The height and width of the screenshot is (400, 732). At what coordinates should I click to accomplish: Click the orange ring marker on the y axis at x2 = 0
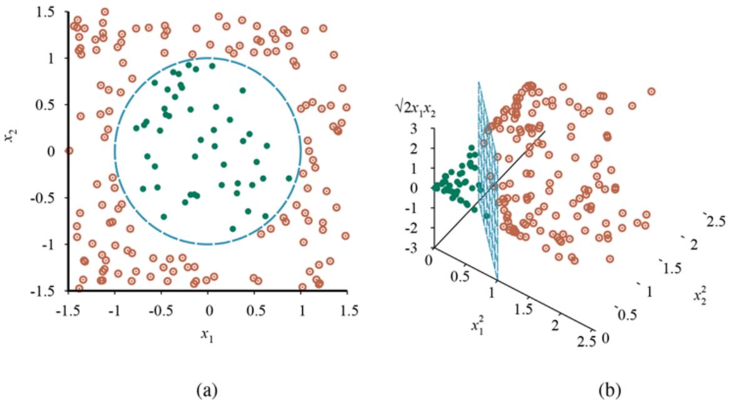69,151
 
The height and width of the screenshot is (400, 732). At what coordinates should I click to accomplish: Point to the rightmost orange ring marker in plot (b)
651,91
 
